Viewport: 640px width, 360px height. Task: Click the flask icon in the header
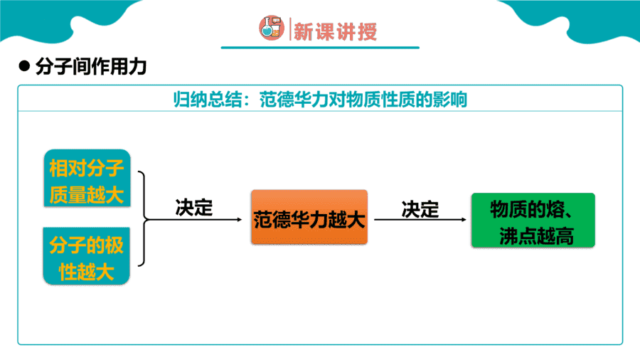pyautogui.click(x=272, y=28)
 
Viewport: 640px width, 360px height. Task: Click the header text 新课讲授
pyautogui.click(x=335, y=31)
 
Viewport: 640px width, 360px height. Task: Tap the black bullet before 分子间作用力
pyautogui.click(x=24, y=66)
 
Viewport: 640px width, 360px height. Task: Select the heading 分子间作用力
pyautogui.click(x=90, y=67)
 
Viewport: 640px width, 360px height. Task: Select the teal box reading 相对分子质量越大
pyautogui.click(x=87, y=179)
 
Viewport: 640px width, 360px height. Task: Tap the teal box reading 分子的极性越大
pyautogui.click(x=87, y=256)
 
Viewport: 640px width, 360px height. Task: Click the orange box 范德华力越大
pyautogui.click(x=309, y=217)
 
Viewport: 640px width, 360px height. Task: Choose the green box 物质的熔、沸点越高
pyautogui.click(x=533, y=220)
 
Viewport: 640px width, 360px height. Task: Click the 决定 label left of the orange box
pyautogui.click(x=194, y=207)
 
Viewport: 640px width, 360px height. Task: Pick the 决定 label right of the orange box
pyautogui.click(x=420, y=209)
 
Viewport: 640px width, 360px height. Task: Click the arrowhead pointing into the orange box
pyautogui.click(x=240, y=220)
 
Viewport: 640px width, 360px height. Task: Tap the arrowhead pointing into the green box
pyautogui.click(x=464, y=220)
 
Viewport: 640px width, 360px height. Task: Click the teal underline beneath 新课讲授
pyautogui.click(x=321, y=48)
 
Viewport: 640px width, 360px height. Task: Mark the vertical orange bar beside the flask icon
pyautogui.click(x=290, y=29)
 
